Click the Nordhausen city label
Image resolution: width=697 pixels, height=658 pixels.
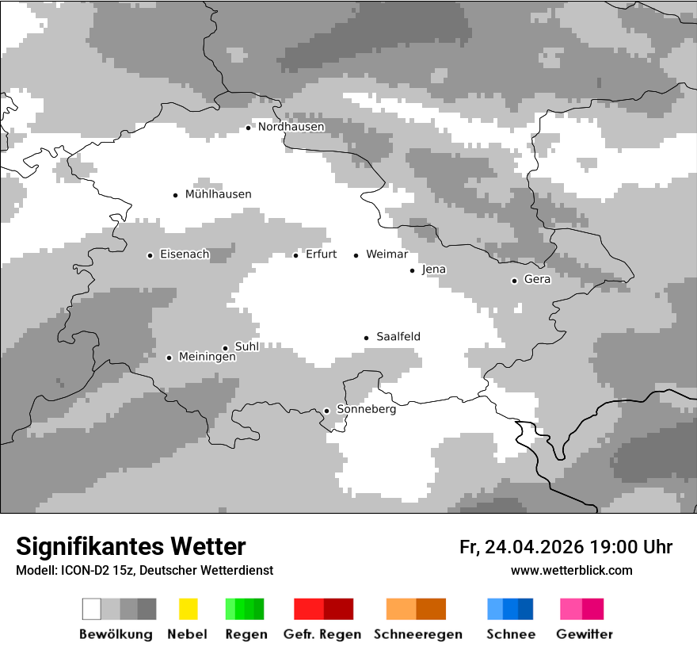point(291,127)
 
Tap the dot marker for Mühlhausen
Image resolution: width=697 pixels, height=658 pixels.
point(175,195)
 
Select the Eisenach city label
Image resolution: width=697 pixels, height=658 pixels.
point(185,254)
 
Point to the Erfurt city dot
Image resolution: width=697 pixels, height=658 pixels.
point(295,255)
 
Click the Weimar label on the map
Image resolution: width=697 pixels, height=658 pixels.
point(387,254)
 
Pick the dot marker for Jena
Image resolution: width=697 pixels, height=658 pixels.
point(412,270)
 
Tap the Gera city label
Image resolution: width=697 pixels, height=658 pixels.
point(537,279)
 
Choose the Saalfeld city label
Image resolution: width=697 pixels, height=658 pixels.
point(398,337)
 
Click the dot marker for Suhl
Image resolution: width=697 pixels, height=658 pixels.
point(225,348)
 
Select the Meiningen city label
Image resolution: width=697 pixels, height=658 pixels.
point(208,358)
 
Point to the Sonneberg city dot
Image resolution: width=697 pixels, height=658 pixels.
point(326,411)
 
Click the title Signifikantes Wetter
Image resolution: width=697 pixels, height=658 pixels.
point(131,546)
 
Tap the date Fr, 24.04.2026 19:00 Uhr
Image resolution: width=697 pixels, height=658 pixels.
point(566,547)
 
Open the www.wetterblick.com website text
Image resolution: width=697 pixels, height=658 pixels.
point(571,570)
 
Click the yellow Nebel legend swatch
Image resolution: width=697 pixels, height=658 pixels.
point(188,609)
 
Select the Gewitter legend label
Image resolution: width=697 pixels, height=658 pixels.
point(585,634)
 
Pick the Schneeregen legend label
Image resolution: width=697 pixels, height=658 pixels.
point(418,634)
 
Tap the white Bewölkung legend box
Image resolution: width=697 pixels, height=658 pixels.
point(92,609)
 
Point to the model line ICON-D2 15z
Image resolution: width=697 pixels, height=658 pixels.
point(144,570)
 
